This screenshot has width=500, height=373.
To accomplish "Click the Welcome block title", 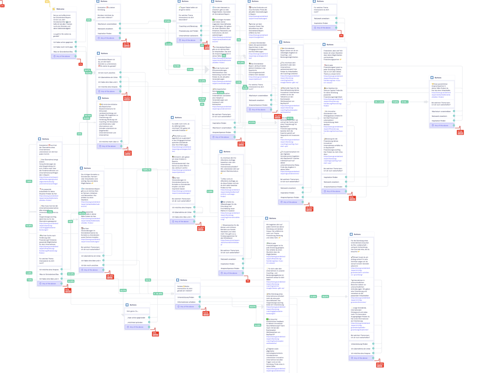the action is point(60,9).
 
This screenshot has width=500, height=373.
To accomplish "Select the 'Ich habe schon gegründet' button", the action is point(63,42).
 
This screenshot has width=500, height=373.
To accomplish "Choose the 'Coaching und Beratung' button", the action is point(188,26).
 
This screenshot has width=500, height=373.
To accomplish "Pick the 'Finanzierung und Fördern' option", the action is point(188,31).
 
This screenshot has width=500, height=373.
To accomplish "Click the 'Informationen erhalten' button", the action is point(186,302).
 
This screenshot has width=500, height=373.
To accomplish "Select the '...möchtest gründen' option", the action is point(135,322).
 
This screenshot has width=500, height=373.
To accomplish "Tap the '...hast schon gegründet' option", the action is point(136,318).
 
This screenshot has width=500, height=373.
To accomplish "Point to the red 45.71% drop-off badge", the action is point(126,44).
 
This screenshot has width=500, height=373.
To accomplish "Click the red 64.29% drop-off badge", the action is point(380,364).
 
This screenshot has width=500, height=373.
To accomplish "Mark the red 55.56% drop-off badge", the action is point(309,208).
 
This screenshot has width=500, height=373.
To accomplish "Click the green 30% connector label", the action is point(89,20).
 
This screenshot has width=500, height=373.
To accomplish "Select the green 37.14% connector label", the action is point(167,21).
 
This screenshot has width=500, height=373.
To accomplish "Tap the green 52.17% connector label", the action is point(123,290).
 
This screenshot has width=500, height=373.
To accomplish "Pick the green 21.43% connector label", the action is point(313,297).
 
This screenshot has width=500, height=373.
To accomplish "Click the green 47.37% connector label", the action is point(252,122).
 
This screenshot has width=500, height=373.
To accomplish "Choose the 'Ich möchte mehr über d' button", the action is point(109,142).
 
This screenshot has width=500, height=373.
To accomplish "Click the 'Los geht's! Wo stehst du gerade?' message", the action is point(62,35).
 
